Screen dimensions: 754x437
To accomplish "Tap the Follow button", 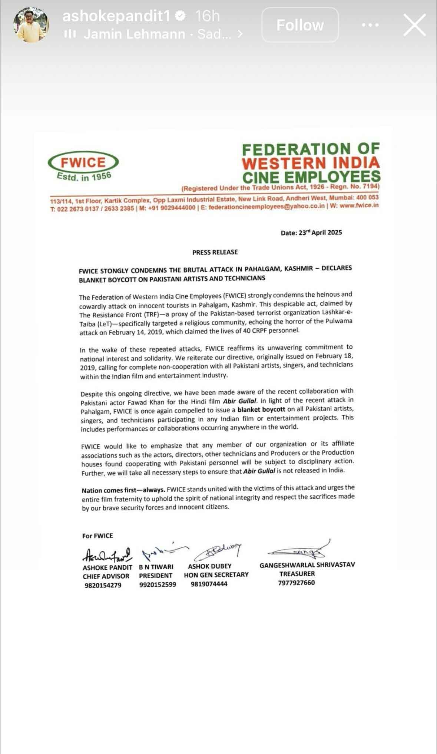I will click(x=300, y=25).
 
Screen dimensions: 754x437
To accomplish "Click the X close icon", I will click(x=414, y=25).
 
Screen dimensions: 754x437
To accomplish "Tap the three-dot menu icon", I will click(x=370, y=25).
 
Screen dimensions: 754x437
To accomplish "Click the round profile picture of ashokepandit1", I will click(x=31, y=25).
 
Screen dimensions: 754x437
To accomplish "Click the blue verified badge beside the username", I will click(x=181, y=16).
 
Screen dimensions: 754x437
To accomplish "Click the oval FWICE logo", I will click(x=83, y=162).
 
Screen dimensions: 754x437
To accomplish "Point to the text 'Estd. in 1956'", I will click(x=84, y=177).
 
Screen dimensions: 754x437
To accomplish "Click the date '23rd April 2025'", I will click(x=311, y=233).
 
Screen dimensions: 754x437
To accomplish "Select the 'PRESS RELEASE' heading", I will click(x=215, y=252).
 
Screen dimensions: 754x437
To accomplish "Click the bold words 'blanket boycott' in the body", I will click(x=261, y=409).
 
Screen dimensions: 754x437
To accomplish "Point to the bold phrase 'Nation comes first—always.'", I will click(x=123, y=490).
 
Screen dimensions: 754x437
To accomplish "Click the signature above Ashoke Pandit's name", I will click(x=107, y=554).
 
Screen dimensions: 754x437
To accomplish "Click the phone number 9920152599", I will click(x=158, y=585).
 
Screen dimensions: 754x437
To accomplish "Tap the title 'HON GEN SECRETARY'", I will click(x=216, y=574).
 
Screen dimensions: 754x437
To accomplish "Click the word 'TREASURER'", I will click(x=297, y=573).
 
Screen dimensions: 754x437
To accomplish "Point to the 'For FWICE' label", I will click(x=97, y=536).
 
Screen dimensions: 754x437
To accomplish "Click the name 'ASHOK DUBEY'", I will click(x=209, y=566).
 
